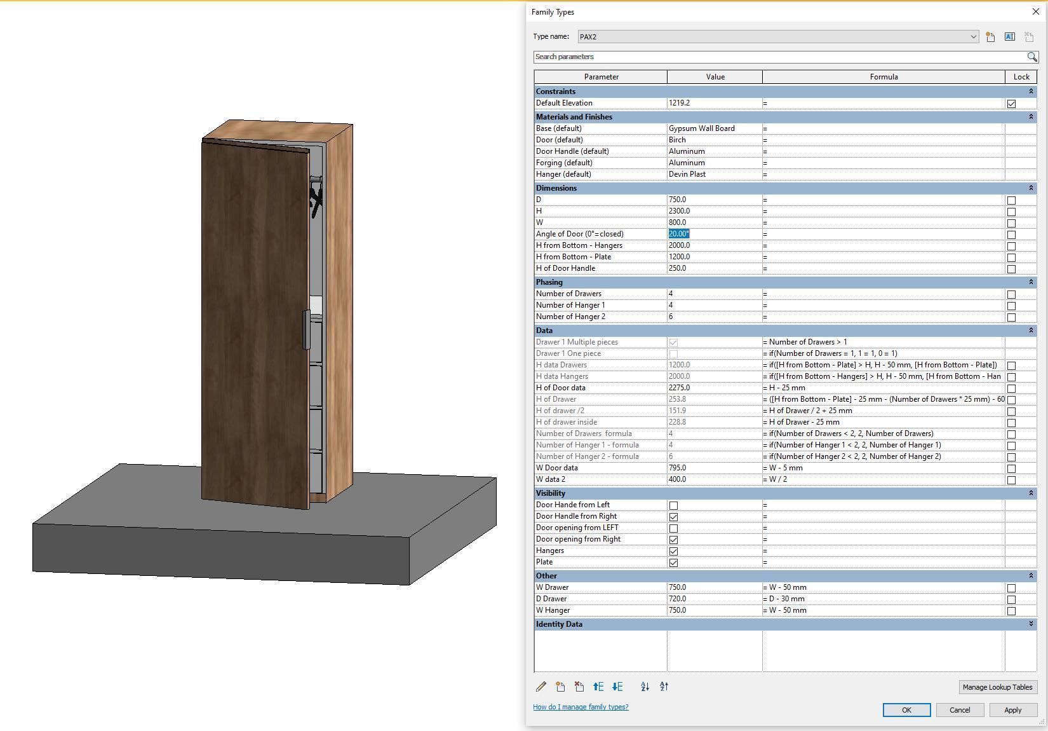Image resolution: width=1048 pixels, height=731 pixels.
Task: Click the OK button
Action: tap(906, 710)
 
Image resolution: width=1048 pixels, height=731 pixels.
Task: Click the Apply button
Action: tap(1012, 710)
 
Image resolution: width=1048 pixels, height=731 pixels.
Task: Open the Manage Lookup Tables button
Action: tap(997, 687)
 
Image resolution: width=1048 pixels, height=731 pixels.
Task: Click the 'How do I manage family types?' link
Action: tap(581, 707)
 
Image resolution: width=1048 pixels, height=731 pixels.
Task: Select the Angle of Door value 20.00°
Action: tap(679, 234)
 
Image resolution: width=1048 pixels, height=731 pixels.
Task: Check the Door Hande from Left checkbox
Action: tap(673, 505)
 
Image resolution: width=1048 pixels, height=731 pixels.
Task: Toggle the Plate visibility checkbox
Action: tap(673, 563)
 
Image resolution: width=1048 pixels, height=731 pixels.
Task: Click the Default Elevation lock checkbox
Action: tap(1011, 104)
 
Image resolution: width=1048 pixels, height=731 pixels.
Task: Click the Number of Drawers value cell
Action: tap(714, 294)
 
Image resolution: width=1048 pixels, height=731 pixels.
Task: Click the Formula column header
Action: tap(883, 77)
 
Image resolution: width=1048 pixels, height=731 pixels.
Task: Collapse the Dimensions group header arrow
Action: tap(1031, 188)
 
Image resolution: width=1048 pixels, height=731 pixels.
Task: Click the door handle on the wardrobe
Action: tap(306, 329)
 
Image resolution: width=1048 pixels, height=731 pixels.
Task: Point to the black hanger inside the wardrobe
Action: tap(316, 199)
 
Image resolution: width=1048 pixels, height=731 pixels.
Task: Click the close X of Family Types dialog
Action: tap(1036, 12)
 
